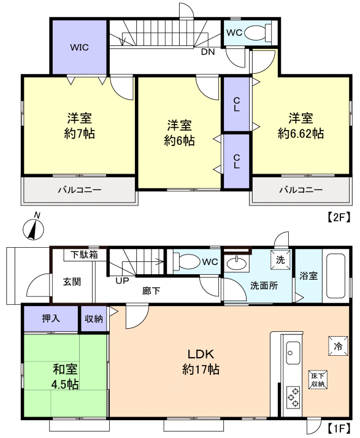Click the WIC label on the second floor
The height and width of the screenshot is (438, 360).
tap(79, 47)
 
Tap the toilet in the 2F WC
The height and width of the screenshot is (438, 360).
tap(258, 33)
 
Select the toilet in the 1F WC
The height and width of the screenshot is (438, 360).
tap(186, 262)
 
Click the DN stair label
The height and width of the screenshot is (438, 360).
tap(208, 52)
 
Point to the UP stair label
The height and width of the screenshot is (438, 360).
tap(122, 281)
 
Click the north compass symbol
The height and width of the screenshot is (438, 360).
tap(34, 227)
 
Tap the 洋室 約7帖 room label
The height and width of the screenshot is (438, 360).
tap(79, 126)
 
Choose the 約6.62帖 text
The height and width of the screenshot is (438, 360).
tap(301, 134)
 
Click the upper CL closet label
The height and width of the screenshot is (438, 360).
tap(237, 104)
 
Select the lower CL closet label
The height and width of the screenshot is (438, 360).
tap(237, 161)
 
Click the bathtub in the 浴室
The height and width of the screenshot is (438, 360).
tap(335, 276)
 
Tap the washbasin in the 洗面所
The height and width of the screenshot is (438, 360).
tap(237, 263)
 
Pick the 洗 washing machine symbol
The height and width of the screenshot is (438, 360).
tap(280, 259)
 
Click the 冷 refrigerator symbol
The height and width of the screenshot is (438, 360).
tap(338, 346)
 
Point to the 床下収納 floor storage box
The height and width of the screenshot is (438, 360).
tap(318, 380)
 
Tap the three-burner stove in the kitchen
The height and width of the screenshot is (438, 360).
tap(293, 398)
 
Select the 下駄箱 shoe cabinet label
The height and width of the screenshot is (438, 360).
tap(84, 255)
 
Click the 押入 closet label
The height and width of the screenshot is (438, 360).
tap(51, 318)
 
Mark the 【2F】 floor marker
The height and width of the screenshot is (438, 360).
tap(338, 217)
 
